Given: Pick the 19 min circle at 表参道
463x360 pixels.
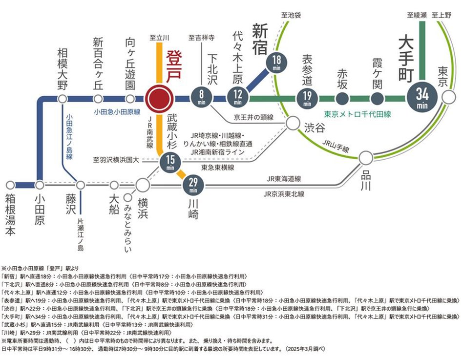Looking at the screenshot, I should pyautogui.click(x=307, y=99).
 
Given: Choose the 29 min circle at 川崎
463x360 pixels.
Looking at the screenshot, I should pyautogui.click(x=193, y=185).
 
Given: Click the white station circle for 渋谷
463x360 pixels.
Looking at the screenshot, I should pyautogui.click(x=292, y=123).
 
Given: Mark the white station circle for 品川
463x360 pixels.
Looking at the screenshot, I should pyautogui.click(x=365, y=158).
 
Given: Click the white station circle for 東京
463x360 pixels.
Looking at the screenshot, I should pyautogui.click(x=447, y=98).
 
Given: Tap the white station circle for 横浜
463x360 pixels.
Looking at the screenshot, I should pyautogui.click(x=142, y=185).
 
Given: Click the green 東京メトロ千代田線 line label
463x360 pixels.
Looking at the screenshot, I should pyautogui.click(x=358, y=114).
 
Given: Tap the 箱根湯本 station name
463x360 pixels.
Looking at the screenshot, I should pyautogui.click(x=11, y=215).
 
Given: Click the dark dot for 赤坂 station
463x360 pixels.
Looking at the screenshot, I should pyautogui.click(x=342, y=99).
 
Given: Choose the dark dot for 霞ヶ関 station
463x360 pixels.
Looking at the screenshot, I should pyautogui.click(x=377, y=99).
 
